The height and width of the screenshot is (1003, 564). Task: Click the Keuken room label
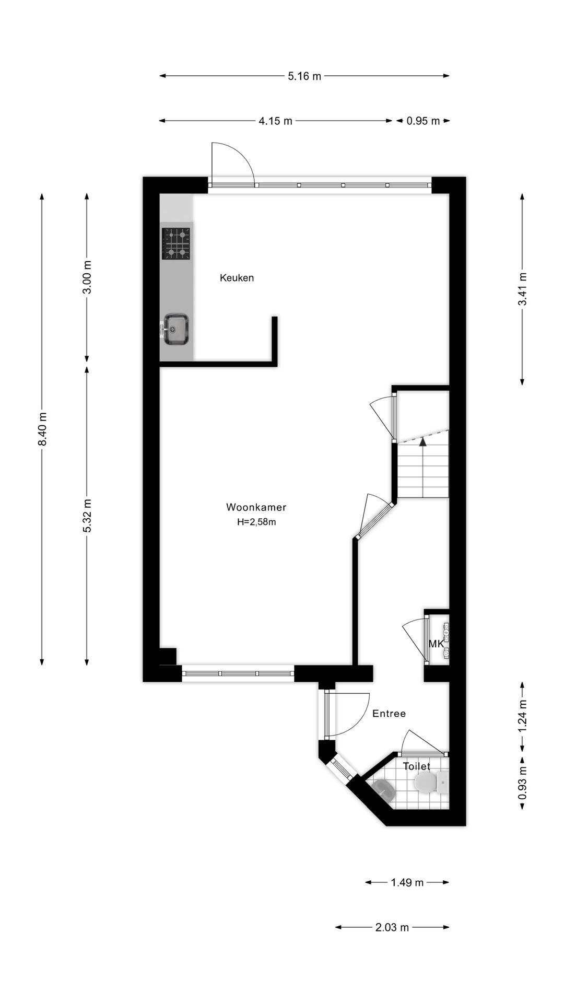[237, 278]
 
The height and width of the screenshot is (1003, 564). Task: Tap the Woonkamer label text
[256, 507]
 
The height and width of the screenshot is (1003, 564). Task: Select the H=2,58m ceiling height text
[256, 521]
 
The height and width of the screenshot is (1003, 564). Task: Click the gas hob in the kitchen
[175, 243]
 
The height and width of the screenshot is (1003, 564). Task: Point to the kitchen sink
[176, 329]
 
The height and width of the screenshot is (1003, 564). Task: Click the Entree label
[389, 714]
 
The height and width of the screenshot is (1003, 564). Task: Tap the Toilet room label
[416, 766]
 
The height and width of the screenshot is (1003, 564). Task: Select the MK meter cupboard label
[436, 644]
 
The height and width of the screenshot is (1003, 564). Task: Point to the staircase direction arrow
[422, 442]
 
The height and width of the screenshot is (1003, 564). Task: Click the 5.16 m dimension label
[304, 76]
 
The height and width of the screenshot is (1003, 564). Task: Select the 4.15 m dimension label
[275, 121]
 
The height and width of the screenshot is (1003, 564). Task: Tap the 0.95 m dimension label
[423, 121]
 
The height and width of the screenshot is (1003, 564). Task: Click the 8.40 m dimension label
[42, 429]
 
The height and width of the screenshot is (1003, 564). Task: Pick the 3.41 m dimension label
[522, 290]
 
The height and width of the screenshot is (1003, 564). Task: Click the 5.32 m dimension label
[87, 516]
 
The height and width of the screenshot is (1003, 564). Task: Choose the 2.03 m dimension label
[392, 928]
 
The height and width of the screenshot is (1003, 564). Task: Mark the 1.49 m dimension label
[407, 883]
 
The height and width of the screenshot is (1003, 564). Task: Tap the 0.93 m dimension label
[522, 782]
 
